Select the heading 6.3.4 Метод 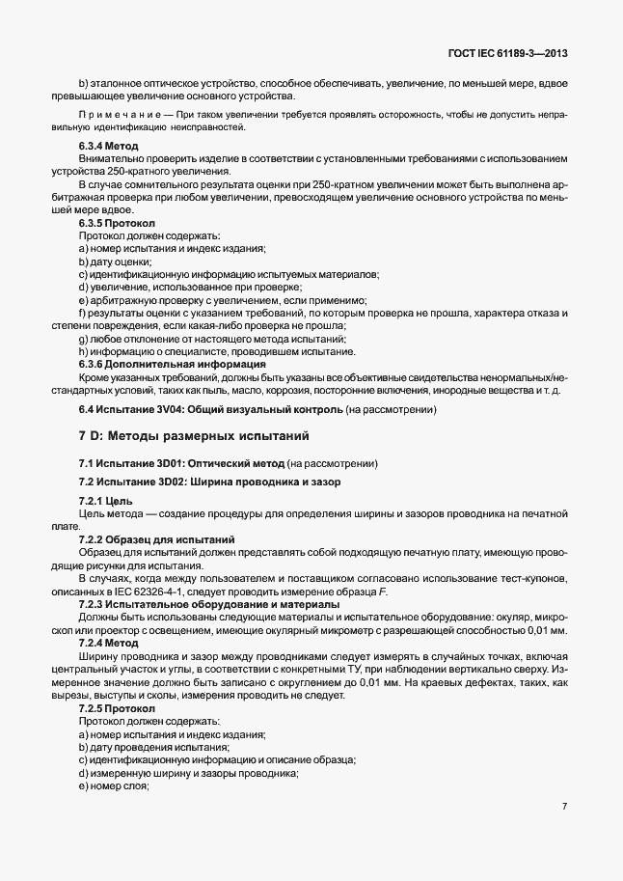tap(109, 146)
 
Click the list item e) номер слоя tap(114, 785)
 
